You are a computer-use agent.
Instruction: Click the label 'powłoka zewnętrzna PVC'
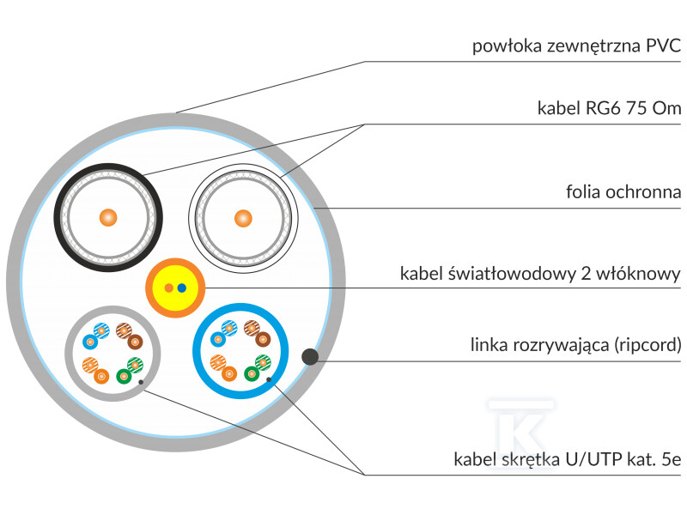point(576,45)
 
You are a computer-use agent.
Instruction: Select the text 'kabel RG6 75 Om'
point(609,108)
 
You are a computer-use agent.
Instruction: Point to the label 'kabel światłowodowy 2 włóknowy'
point(540,274)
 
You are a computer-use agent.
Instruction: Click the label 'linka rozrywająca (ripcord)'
point(575,345)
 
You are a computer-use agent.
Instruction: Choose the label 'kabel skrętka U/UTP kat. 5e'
point(567,460)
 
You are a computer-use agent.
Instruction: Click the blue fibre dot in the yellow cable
point(181,288)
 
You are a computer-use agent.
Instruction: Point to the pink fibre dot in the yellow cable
point(169,288)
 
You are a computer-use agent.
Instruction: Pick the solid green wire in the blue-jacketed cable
point(252,373)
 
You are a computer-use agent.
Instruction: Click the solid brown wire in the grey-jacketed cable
point(134,341)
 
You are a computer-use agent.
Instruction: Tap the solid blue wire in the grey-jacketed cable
point(90,341)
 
